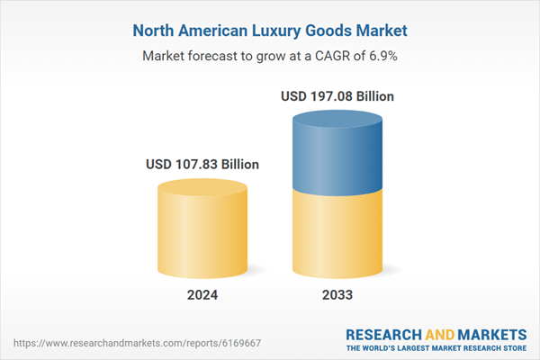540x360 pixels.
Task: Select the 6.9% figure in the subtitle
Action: point(381,56)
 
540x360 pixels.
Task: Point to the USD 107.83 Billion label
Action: point(202,165)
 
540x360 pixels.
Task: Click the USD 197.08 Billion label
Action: point(337,95)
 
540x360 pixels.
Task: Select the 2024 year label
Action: point(202,295)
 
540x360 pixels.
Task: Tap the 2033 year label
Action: point(337,295)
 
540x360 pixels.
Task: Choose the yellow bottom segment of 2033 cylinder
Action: point(337,234)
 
